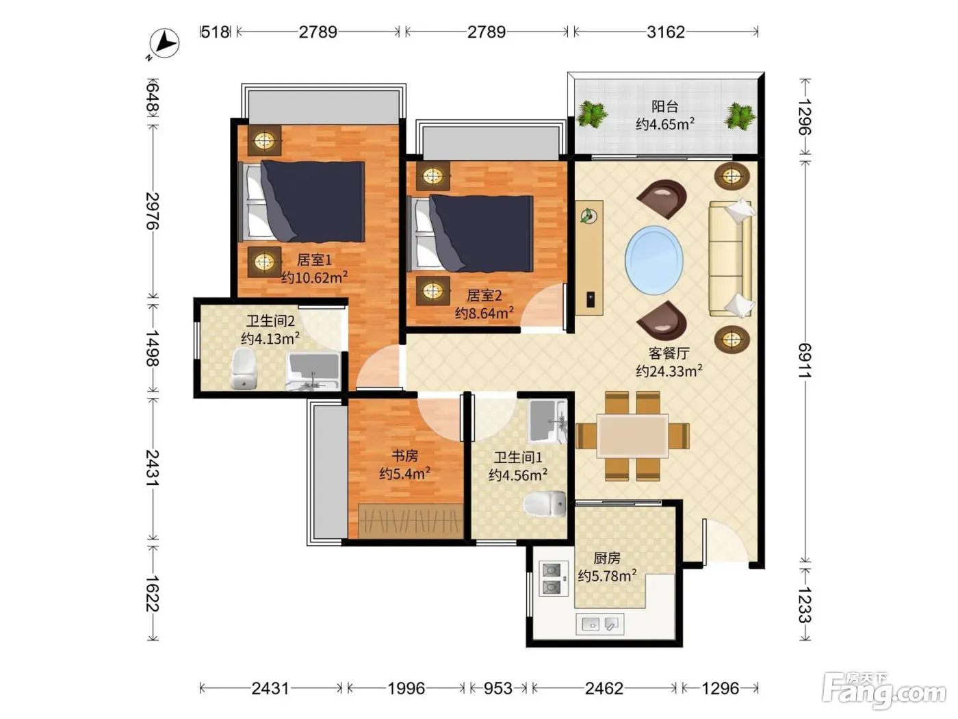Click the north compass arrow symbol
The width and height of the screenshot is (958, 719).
164,43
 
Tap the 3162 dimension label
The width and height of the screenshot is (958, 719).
666,32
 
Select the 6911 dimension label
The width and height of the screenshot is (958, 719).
805,360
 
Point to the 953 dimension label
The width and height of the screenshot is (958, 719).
497,688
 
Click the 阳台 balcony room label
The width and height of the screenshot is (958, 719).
664,106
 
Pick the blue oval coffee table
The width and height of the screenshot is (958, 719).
653,260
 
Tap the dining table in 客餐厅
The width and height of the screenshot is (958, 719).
632,436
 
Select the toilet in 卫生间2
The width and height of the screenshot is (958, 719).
244,368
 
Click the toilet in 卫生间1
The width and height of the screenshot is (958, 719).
545,504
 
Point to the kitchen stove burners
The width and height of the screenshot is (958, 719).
552,579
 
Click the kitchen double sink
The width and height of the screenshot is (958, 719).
600,624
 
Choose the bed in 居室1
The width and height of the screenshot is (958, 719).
302,201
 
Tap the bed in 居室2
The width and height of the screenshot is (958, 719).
470,233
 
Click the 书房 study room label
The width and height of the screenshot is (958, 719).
404,456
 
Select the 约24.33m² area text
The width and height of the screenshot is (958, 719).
669,370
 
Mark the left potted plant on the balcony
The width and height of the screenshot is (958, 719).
591,114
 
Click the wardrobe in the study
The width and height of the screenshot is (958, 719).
411,521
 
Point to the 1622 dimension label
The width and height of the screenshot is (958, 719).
153,593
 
